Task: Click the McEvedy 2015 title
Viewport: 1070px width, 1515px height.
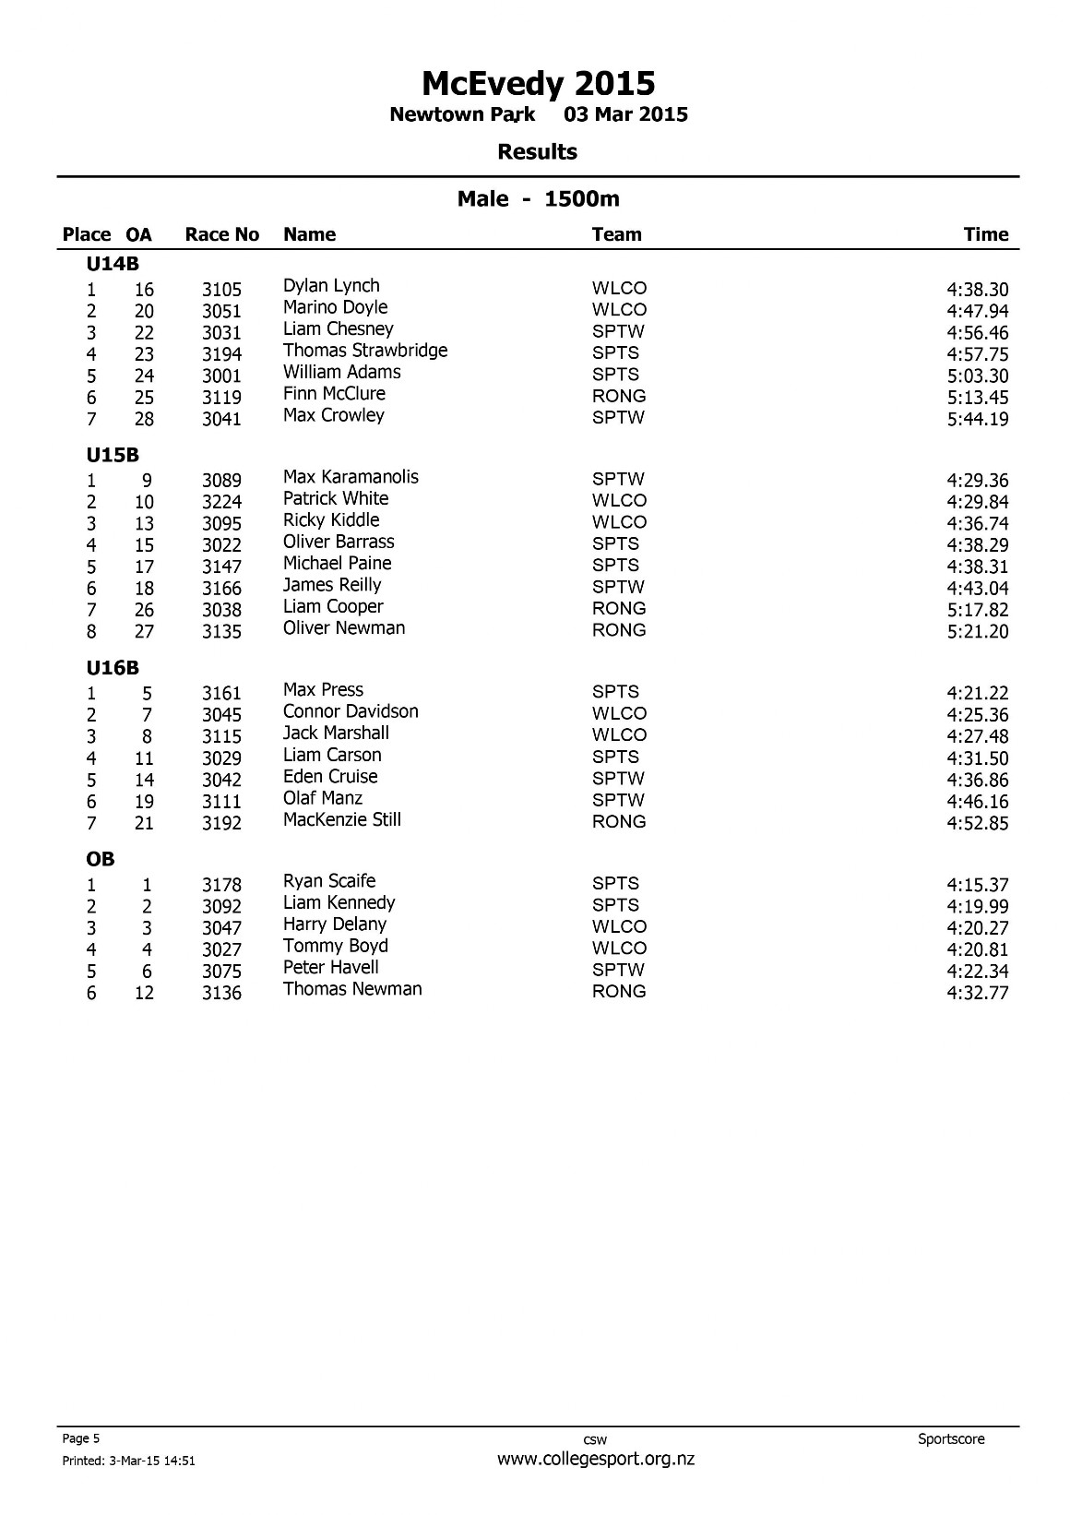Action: point(538,84)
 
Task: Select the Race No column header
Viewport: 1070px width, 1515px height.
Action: point(221,234)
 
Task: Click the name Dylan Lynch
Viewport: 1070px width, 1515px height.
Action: point(331,286)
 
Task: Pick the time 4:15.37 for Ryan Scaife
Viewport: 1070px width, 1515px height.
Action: point(977,885)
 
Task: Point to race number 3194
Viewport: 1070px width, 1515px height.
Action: point(221,354)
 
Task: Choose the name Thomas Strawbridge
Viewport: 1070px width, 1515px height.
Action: point(364,351)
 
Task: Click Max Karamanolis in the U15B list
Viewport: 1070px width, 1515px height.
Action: point(351,477)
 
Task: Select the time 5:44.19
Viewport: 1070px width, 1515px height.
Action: point(977,419)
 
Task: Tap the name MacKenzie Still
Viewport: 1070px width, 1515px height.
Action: point(341,819)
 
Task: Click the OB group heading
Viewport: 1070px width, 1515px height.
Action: point(101,859)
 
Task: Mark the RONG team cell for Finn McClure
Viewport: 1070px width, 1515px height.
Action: point(618,396)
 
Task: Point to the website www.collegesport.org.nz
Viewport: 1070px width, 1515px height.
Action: point(595,1460)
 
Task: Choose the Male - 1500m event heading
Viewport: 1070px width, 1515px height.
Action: point(538,198)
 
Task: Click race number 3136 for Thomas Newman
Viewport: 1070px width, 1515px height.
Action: point(221,994)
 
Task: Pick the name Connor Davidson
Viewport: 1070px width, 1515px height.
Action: point(351,711)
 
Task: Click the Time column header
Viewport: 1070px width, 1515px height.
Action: point(985,234)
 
